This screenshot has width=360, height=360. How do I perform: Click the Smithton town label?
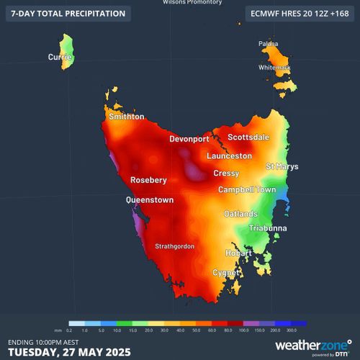pos(126,117)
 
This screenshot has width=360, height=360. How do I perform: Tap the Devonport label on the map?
pos(189,138)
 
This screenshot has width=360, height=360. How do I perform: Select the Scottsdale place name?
pos(249,137)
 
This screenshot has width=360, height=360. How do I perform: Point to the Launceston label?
pos(229,156)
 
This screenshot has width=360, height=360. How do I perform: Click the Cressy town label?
pos(226,174)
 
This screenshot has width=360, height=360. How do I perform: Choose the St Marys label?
pos(282,166)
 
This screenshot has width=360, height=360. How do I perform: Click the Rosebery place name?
pos(148,180)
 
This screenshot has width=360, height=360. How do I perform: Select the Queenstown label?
pos(149,200)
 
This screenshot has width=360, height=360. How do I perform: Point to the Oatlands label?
pos(240,215)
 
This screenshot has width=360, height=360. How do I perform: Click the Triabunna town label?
pos(269,228)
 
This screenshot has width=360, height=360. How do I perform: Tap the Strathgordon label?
pos(174,246)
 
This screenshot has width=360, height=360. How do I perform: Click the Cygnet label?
pos(225,273)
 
